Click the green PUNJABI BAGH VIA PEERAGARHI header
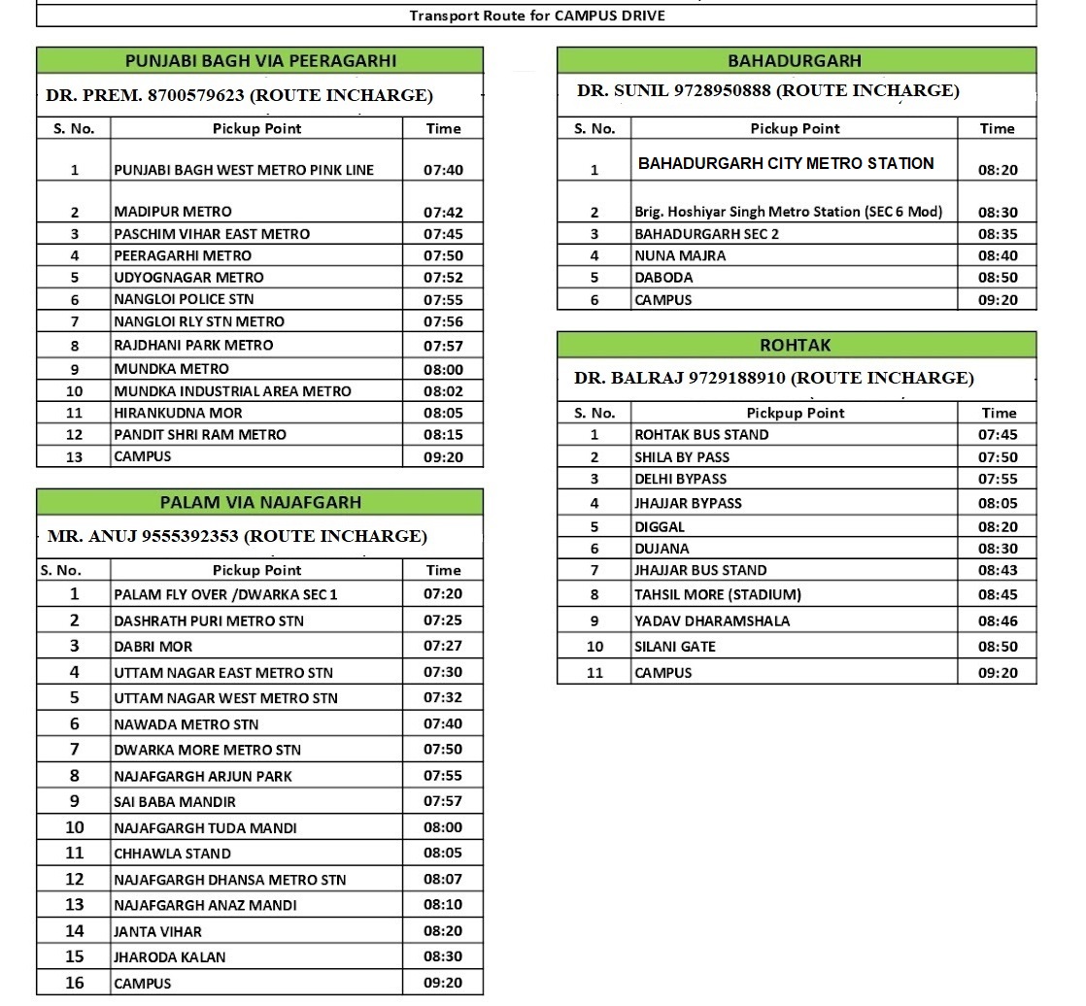point(260,60)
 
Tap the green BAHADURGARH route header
point(795,60)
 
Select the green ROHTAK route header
point(795,345)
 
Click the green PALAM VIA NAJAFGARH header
point(260,502)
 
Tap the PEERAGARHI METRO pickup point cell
point(183,255)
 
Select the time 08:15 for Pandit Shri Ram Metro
point(443,434)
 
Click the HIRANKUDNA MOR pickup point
point(179,412)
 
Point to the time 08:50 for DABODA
point(998,278)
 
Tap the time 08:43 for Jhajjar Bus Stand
point(998,570)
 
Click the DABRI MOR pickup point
point(153,646)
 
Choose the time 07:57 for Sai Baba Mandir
point(443,801)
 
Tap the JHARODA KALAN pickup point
point(170,956)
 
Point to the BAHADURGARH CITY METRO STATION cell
point(786,163)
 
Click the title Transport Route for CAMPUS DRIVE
point(536,16)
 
